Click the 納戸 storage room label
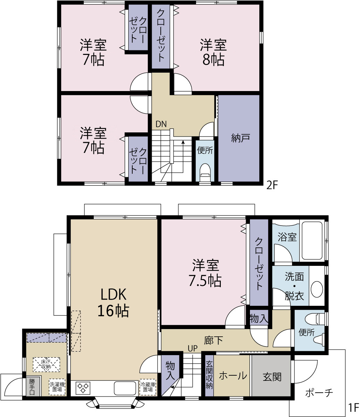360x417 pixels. point(241,138)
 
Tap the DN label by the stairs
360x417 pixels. point(161,124)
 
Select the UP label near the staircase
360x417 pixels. point(192,349)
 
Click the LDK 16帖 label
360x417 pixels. point(113,302)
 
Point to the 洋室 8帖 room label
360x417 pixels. point(214,52)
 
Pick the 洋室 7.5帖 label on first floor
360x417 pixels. point(205,273)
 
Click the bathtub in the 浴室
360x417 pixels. point(312,241)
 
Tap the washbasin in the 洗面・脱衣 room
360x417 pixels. point(317,289)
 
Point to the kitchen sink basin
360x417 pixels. point(125,388)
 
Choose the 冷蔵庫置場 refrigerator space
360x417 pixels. point(148,387)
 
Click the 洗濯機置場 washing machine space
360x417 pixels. point(57,387)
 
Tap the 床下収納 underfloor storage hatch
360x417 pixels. point(47,364)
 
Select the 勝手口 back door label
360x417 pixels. point(32,387)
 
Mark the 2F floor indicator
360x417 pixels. point(272,185)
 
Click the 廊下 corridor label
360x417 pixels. point(214,341)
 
